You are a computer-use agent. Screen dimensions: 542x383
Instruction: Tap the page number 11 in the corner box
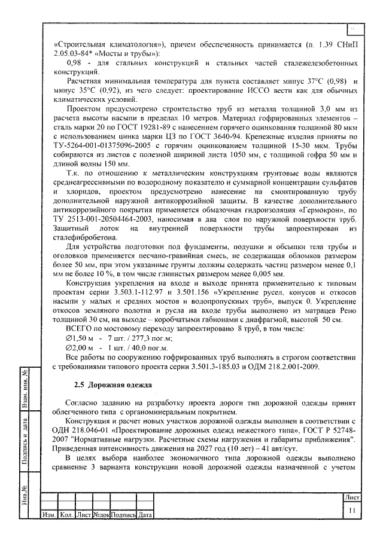(x=352, y=510)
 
